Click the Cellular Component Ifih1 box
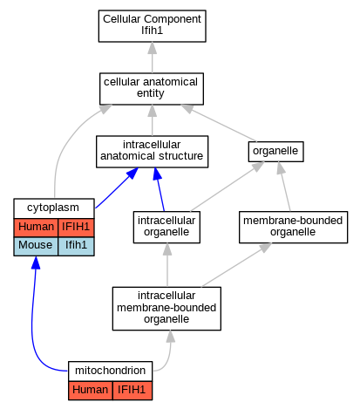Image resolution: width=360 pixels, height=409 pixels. tap(153, 26)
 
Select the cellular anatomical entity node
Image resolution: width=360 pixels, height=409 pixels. tap(152, 89)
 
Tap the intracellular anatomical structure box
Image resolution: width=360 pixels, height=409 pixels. tap(152, 152)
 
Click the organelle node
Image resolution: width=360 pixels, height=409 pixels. tap(275, 152)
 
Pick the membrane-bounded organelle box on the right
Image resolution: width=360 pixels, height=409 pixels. tap(293, 227)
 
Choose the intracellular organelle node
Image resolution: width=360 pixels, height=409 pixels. tap(166, 227)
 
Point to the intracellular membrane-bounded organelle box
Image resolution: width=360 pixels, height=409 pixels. tap(166, 309)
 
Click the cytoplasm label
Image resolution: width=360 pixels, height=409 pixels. tap(54, 208)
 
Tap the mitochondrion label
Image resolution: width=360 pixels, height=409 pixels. tap(110, 371)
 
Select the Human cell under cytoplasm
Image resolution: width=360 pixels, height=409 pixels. tap(36, 228)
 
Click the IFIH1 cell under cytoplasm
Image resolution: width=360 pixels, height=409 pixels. tap(76, 228)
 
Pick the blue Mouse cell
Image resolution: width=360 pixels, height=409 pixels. tap(36, 247)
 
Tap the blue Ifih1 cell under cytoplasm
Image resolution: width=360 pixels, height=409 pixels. tap(76, 247)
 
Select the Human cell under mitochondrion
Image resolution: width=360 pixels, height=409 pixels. tap(91, 391)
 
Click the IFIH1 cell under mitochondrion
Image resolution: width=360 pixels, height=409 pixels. tap(132, 391)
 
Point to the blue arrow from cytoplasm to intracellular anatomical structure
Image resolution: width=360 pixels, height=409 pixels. tap(117, 187)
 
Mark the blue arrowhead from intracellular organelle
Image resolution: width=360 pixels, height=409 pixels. tap(158, 174)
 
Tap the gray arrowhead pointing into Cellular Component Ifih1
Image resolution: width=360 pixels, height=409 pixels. tap(153, 48)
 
